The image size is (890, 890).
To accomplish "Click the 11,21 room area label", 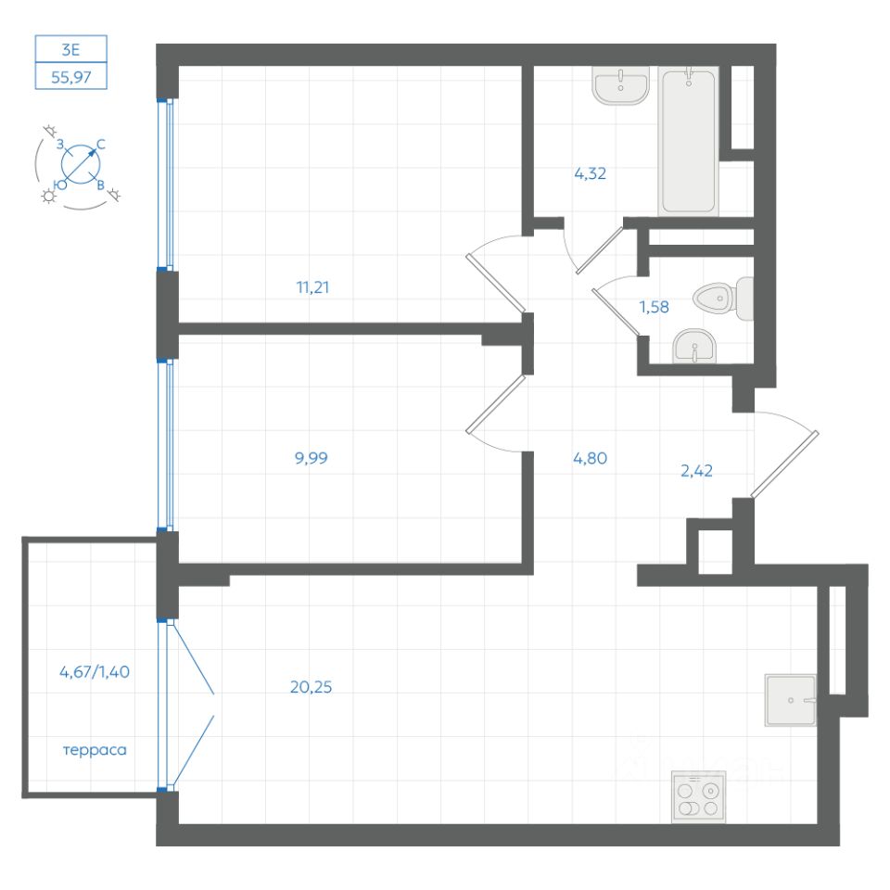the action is [x=312, y=287].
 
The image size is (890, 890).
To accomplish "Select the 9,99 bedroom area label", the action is [x=312, y=457].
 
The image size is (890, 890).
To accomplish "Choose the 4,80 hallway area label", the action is [x=590, y=457].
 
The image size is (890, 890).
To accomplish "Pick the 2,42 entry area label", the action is [x=696, y=471].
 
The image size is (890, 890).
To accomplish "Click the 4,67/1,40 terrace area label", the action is [x=95, y=673].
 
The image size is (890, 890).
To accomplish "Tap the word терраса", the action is [x=95, y=750].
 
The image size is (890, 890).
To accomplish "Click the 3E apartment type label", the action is [x=71, y=48].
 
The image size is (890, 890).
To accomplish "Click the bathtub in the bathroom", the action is [x=689, y=140].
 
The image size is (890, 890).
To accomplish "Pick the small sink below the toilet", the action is [x=693, y=348].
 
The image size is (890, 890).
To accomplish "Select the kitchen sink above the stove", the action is [x=790, y=700].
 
